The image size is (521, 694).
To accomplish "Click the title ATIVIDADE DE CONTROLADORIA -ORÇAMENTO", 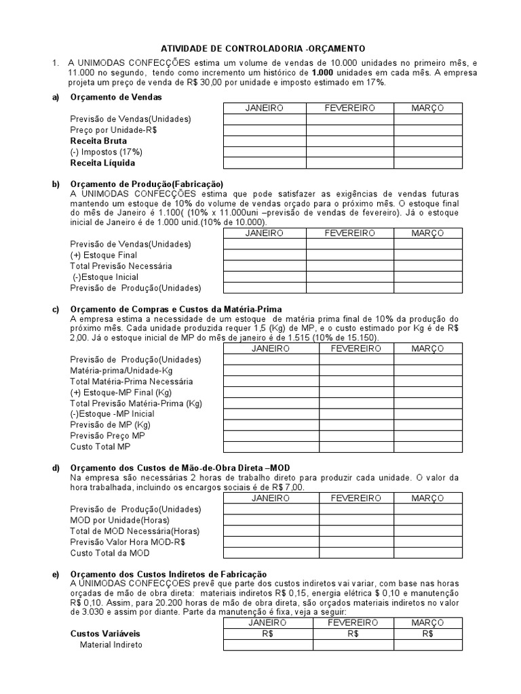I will (x=262, y=49).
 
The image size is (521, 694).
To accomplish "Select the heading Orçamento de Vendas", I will (x=116, y=97).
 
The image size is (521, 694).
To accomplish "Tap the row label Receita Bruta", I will (x=98, y=141).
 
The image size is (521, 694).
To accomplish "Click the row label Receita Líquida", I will (x=102, y=163).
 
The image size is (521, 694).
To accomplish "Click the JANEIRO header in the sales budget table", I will (x=264, y=108).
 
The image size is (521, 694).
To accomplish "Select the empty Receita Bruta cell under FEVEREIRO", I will (x=349, y=141).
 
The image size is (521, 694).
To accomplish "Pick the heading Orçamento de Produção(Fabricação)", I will (x=147, y=184).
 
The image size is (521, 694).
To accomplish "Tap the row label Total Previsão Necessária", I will (x=121, y=266).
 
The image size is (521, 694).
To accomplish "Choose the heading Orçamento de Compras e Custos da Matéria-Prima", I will (x=176, y=309).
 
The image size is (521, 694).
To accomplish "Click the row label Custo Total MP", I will (x=100, y=447).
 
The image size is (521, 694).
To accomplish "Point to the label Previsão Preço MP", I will (x=108, y=435).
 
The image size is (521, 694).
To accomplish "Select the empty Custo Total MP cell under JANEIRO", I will (x=271, y=447).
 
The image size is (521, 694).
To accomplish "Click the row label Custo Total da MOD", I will (x=110, y=553).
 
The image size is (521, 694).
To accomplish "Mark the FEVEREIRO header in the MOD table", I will (x=356, y=498).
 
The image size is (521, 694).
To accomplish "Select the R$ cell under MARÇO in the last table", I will (x=427, y=634).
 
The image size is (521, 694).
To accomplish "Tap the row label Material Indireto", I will (x=111, y=645).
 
